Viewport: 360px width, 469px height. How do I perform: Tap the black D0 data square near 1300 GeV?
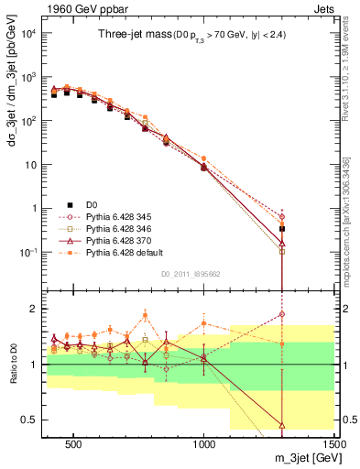282,228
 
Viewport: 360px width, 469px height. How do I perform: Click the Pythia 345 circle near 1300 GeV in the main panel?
282,216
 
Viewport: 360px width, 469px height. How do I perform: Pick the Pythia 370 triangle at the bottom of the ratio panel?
282,425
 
